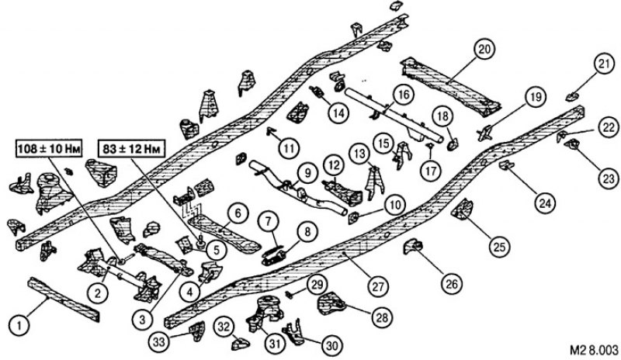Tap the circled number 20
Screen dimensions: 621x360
(x=484, y=50)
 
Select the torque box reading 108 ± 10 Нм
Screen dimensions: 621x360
(x=49, y=149)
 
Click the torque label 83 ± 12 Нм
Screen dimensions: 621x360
(x=131, y=149)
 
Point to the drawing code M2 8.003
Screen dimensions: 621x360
(x=594, y=350)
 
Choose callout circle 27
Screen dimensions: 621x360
(x=377, y=286)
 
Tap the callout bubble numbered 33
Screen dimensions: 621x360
(x=159, y=341)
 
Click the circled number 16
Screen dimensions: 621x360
(x=403, y=95)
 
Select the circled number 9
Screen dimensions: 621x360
(x=308, y=173)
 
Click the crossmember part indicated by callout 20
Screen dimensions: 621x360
(x=451, y=86)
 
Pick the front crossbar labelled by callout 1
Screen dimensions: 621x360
(x=64, y=299)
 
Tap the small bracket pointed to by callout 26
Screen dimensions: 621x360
(x=412, y=246)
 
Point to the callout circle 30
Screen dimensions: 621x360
(x=331, y=346)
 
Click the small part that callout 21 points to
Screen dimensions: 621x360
(x=572, y=96)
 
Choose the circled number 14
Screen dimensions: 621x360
(x=338, y=113)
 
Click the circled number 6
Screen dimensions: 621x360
(x=238, y=214)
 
